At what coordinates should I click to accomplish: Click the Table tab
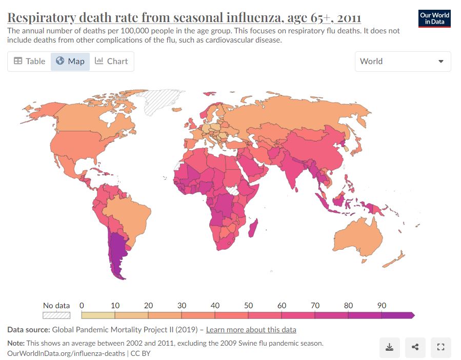point(29,62)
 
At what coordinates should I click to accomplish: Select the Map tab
point(70,62)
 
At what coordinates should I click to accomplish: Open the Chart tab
point(111,62)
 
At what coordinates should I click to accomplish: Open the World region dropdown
point(403,62)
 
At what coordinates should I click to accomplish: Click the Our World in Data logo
point(434,18)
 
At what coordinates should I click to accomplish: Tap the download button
point(390,347)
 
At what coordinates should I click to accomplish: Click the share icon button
point(415,347)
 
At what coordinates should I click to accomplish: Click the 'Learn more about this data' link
point(251,330)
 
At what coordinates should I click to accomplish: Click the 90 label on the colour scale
point(382,306)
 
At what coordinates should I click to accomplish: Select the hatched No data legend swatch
point(56,315)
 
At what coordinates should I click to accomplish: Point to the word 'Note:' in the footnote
point(17,343)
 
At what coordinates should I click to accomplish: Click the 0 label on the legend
point(82,306)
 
